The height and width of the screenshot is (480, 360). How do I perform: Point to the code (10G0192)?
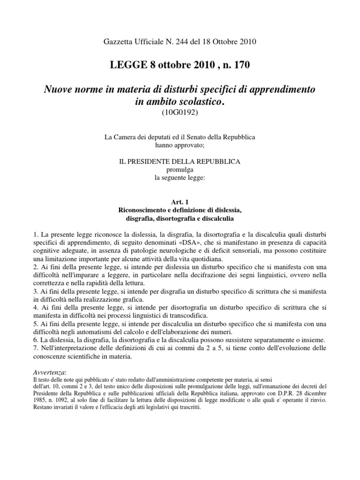(180, 112)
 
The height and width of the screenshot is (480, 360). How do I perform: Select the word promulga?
(180, 169)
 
